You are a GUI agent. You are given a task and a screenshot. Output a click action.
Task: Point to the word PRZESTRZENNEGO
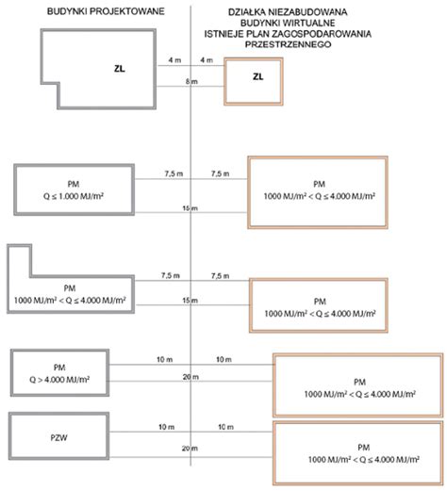click(x=288, y=44)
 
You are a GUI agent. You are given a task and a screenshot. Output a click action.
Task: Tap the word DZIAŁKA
click(x=247, y=12)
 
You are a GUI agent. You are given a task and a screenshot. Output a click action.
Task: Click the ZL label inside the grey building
click(x=120, y=69)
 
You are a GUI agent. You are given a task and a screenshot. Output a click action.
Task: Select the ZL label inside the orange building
click(x=258, y=76)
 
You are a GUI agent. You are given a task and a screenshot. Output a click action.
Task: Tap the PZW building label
click(x=58, y=437)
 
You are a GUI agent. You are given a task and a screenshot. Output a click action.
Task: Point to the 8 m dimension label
click(x=191, y=81)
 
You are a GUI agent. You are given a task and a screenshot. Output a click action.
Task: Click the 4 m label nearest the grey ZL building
click(x=174, y=60)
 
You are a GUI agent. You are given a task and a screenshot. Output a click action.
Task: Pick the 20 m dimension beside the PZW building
click(x=190, y=449)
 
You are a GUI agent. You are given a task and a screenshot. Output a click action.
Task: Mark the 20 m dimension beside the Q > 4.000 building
click(x=190, y=377)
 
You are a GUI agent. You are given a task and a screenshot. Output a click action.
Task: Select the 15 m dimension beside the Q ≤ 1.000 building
click(x=190, y=208)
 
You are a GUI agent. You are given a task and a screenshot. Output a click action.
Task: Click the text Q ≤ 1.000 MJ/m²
click(x=74, y=196)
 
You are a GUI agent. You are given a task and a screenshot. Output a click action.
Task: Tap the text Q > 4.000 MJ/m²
click(x=59, y=380)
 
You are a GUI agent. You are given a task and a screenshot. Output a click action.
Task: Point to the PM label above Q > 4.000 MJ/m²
click(x=59, y=368)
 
